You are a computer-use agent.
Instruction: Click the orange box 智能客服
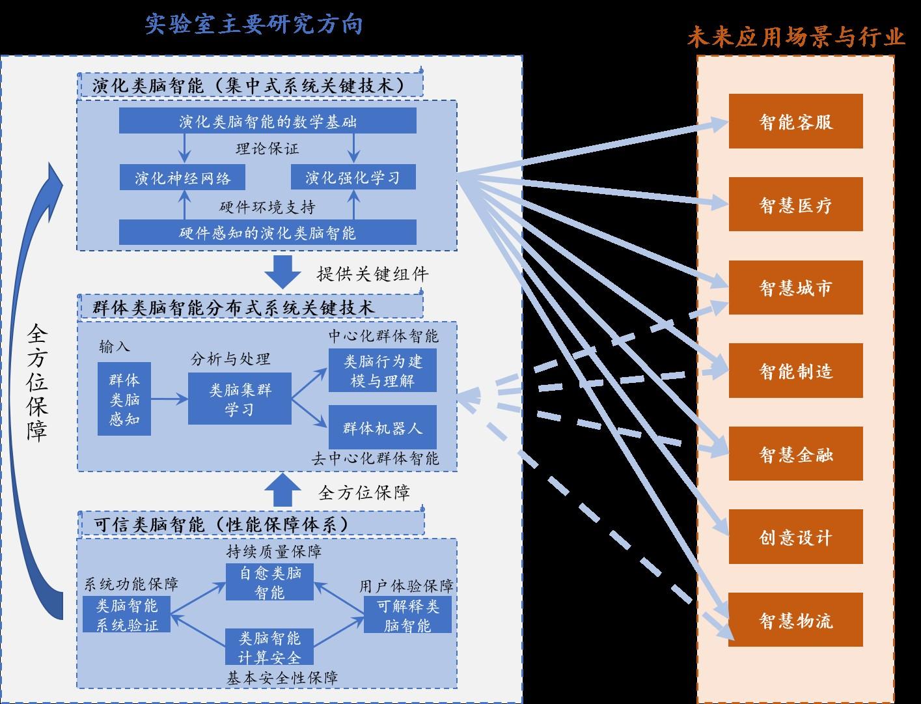pos(795,121)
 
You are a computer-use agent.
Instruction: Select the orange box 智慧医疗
pos(795,204)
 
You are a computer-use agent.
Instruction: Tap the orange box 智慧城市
pos(795,288)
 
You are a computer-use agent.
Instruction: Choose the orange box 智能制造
pos(795,371)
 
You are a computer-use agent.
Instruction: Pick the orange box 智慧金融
pos(795,455)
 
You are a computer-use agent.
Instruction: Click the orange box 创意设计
pos(795,537)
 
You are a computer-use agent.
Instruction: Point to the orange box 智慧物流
pos(795,620)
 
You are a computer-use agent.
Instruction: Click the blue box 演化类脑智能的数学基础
pos(268,121)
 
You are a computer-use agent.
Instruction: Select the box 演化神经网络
pos(183,177)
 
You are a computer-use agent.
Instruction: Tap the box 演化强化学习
pos(353,177)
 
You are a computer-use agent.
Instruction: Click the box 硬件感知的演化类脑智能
pos(268,232)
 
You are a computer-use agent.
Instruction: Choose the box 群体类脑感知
pos(124,399)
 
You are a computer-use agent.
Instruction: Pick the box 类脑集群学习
pos(240,399)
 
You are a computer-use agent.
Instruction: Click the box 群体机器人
pos(382,428)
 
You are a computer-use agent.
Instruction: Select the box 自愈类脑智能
pos(269,582)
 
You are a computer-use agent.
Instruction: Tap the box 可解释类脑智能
pos(407,615)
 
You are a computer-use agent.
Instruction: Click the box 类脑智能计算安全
pos(269,647)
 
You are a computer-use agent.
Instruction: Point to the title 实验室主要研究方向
pos(253,24)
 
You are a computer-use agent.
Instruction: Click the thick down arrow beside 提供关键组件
pos(282,272)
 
